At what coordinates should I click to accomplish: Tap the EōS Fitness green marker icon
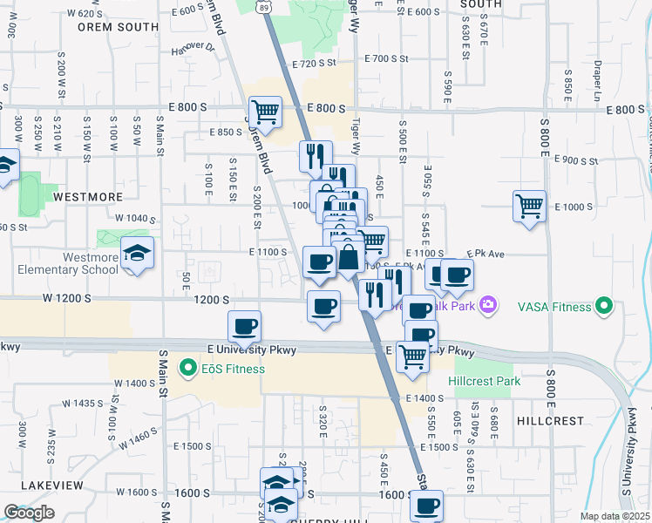coord(186,369)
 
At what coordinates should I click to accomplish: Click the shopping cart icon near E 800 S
coord(265,112)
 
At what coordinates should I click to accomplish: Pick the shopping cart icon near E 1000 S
coord(529,207)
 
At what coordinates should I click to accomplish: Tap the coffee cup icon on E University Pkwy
coord(244,327)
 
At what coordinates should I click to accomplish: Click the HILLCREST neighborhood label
coord(550,420)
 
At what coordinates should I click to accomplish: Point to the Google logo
coord(29,513)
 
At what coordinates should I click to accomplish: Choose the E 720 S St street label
coord(314,64)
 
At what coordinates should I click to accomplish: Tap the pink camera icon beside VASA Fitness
coord(487,305)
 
